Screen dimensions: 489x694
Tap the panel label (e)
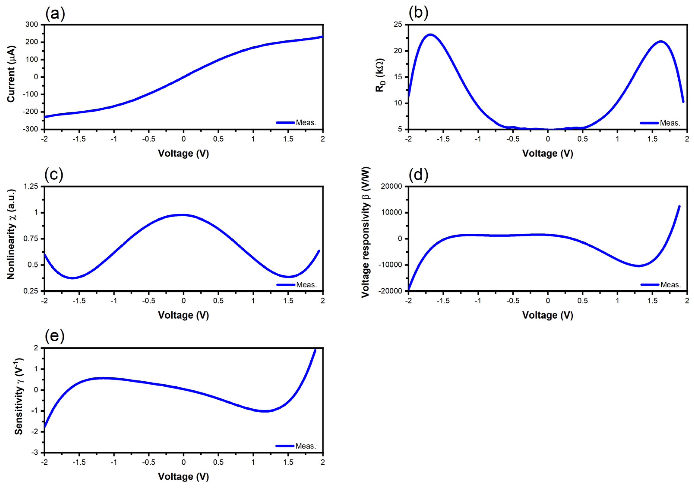click(x=55, y=337)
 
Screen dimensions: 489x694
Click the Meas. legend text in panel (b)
click(x=670, y=123)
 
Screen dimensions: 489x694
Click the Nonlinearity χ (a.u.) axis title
click(x=11, y=234)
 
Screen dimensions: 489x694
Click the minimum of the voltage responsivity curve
click(x=639, y=266)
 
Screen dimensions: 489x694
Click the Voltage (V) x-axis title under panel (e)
click(x=183, y=477)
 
